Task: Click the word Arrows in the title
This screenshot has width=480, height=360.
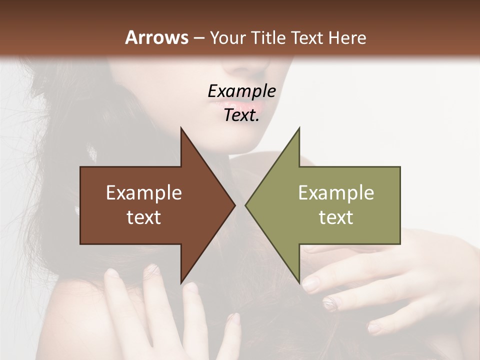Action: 156,37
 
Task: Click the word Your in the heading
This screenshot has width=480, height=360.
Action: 228,38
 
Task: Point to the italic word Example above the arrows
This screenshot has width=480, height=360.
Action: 241,91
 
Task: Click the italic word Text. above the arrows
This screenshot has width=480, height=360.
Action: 241,115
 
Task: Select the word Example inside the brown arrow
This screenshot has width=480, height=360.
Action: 144,192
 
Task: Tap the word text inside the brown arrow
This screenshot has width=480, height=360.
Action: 144,217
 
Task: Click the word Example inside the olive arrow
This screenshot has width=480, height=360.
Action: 336,192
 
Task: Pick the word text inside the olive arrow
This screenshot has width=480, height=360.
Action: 336,217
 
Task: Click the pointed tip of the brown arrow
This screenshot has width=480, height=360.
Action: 234,205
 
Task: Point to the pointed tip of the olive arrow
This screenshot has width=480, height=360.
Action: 246,205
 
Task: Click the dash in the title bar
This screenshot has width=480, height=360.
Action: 198,38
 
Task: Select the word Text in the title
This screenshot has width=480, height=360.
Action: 307,37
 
